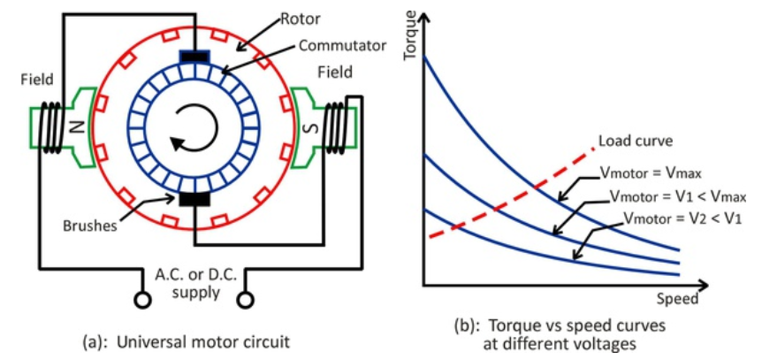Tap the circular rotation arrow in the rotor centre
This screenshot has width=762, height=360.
tap(192, 126)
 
